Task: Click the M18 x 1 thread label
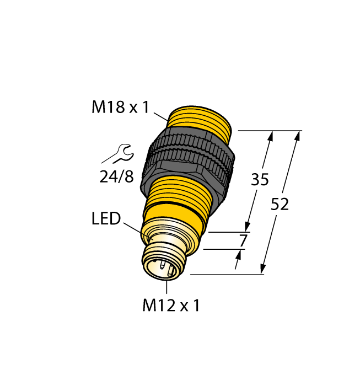tap(120, 107)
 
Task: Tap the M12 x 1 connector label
tap(171, 305)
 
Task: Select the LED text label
tap(106, 219)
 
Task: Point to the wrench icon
tap(116, 154)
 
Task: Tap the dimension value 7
tap(243, 240)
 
